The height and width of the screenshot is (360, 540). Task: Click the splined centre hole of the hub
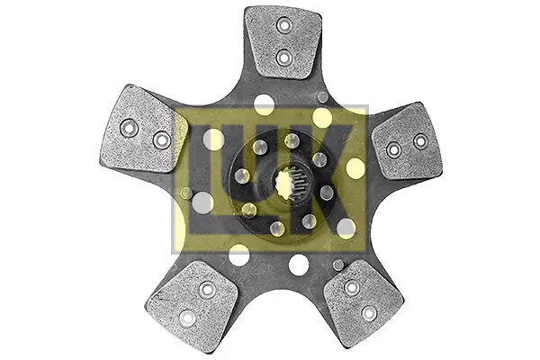pyautogui.click(x=290, y=182)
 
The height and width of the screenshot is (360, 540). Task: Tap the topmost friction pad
pyautogui.click(x=283, y=42)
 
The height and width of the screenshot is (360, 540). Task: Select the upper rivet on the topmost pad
pyautogui.click(x=284, y=25)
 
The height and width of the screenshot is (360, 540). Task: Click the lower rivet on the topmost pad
pyautogui.click(x=284, y=58)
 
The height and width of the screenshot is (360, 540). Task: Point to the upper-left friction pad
pyautogui.click(x=143, y=129)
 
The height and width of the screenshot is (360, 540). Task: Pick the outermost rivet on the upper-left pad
pyautogui.click(x=129, y=128)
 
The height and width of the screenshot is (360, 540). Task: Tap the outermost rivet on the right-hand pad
pyautogui.click(x=420, y=141)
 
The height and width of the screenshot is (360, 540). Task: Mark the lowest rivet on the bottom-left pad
pyautogui.click(x=187, y=319)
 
